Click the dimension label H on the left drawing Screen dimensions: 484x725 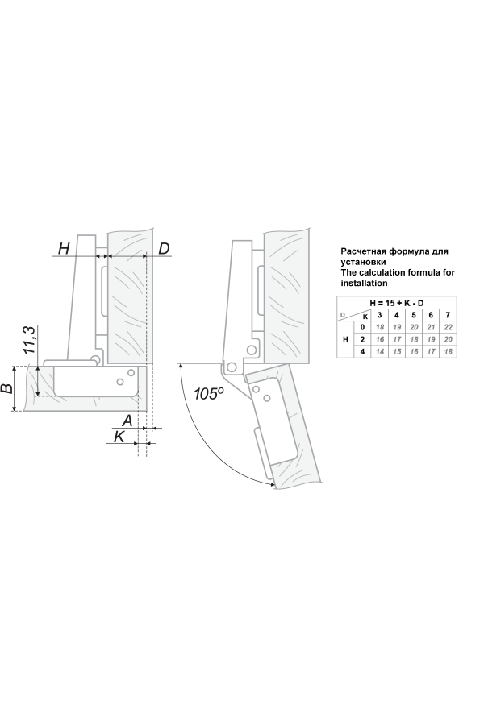tap(64, 248)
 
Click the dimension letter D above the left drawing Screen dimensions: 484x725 tap(164, 248)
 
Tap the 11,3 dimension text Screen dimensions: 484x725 tap(29, 340)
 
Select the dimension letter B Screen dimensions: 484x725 tap(7, 388)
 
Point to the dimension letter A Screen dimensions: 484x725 tap(127, 420)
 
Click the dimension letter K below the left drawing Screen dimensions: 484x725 tap(119, 436)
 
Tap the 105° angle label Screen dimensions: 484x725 tap(208, 393)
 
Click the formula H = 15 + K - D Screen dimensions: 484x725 tap(396, 303)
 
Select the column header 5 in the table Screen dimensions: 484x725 tap(414, 315)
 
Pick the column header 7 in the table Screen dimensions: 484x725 tap(448, 315)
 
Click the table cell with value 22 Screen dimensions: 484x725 tap(448, 327)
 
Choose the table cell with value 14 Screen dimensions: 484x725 tap(380, 352)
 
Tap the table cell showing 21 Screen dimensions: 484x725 tap(431, 327)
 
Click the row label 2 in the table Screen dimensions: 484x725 tap(363, 339)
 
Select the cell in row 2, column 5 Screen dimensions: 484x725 tap(414, 339)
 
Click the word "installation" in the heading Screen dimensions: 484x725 tap(364, 283)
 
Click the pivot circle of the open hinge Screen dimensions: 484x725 tap(232, 367)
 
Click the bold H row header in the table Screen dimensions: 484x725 tap(345, 339)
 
